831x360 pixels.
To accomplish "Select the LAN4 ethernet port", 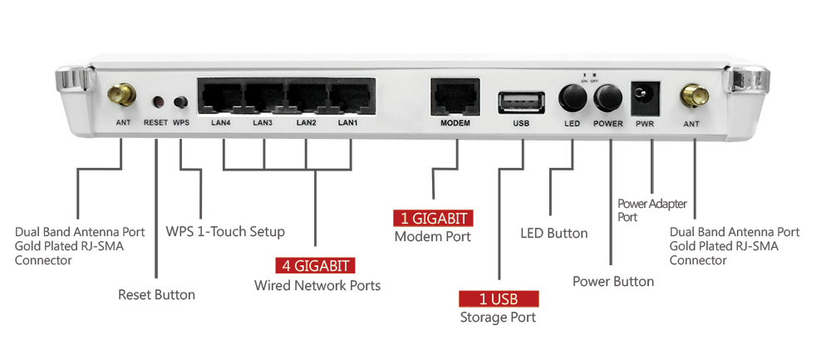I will pyautogui.click(x=219, y=98).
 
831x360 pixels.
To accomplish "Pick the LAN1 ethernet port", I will pyautogui.click(x=349, y=98).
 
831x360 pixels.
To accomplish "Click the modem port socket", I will pyautogui.click(x=455, y=98).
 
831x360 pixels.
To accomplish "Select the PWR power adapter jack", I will pyautogui.click(x=645, y=97).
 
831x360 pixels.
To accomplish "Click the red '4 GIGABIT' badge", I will pyautogui.click(x=316, y=266).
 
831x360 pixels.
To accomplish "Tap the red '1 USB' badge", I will pyautogui.click(x=499, y=298).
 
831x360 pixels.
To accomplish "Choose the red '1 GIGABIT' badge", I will pyautogui.click(x=433, y=219).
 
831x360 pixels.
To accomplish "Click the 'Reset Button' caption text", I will pyautogui.click(x=156, y=294).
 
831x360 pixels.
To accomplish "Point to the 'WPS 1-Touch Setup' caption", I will pyautogui.click(x=225, y=231).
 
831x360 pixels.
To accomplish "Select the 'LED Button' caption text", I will pyautogui.click(x=553, y=234).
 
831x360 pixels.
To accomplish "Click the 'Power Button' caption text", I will pyautogui.click(x=613, y=281).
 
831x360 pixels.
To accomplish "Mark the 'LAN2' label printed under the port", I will pyautogui.click(x=307, y=124).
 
